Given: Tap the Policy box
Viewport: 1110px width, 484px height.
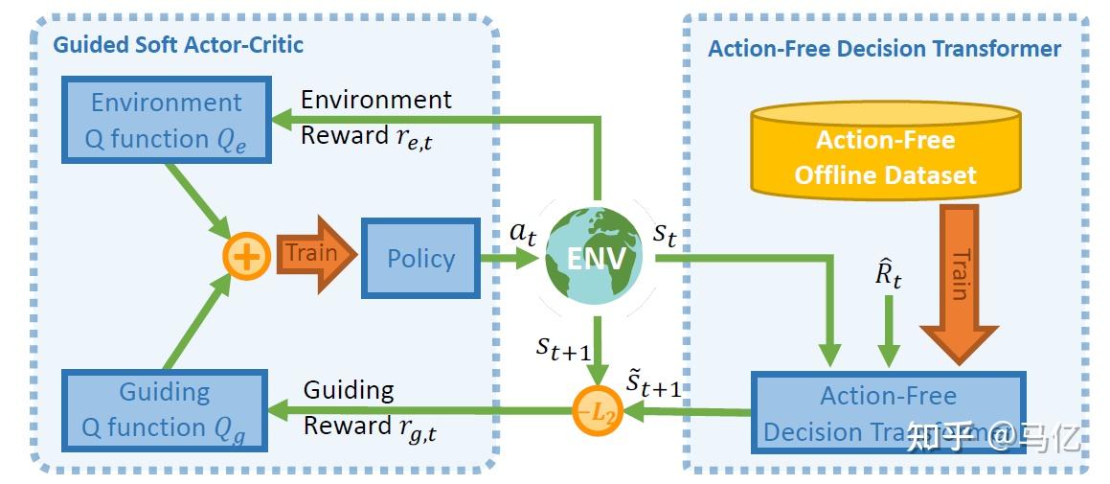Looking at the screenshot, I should tap(420, 258).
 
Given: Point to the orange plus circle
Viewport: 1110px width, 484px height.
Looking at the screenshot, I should tap(246, 258).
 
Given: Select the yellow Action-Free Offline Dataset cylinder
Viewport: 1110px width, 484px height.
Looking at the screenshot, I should tap(885, 153).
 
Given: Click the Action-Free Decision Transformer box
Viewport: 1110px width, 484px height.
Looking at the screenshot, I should tap(888, 413).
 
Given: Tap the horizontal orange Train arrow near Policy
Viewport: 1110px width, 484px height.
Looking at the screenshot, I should tap(314, 255).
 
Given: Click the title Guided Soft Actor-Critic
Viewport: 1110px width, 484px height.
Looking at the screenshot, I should tap(178, 44).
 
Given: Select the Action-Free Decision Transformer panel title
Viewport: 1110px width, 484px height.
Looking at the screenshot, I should tap(884, 49).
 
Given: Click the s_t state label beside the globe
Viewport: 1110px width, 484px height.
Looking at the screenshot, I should tap(665, 234).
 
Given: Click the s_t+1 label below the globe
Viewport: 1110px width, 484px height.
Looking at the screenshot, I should tap(563, 346).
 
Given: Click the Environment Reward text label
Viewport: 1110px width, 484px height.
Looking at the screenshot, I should tap(375, 117).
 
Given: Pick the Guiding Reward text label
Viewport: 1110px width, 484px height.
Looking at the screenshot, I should tap(370, 408).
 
